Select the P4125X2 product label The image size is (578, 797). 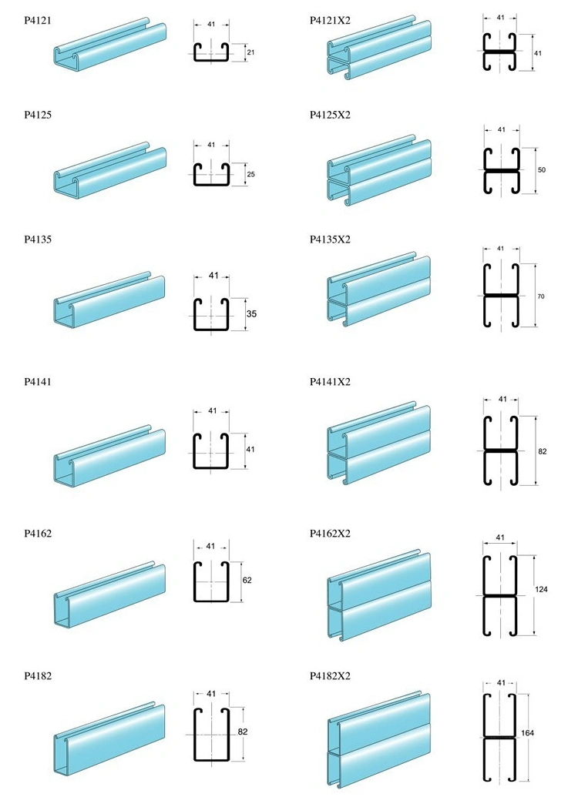[x=330, y=115]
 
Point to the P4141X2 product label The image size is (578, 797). [x=330, y=382]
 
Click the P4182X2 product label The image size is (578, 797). [x=330, y=676]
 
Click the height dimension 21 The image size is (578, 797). [x=250, y=52]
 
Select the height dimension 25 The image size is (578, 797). [x=250, y=175]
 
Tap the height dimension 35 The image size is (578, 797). [x=251, y=314]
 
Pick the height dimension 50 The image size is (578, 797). [x=541, y=169]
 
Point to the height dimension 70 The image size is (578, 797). [x=541, y=296]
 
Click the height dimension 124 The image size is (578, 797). [x=541, y=591]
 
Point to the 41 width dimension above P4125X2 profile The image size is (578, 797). [x=501, y=129]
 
